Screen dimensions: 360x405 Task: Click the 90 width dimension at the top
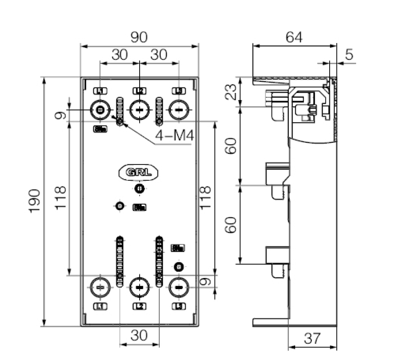coord(139,37)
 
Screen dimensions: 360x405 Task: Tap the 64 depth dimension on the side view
coord(294,37)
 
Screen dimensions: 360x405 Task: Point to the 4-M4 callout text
coord(174,137)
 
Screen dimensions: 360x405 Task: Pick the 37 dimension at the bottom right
coord(312,339)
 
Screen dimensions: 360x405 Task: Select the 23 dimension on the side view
coord(232,92)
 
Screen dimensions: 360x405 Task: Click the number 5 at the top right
coord(349,55)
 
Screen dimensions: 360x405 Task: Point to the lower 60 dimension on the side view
coord(232,224)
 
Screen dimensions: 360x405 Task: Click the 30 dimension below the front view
coord(139,335)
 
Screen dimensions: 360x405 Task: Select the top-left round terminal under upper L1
coord(100,110)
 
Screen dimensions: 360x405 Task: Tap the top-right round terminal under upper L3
coord(179,110)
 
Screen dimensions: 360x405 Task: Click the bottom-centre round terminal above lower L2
coord(139,287)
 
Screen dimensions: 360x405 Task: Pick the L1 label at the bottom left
coord(100,306)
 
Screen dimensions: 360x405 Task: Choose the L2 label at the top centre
coord(139,91)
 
